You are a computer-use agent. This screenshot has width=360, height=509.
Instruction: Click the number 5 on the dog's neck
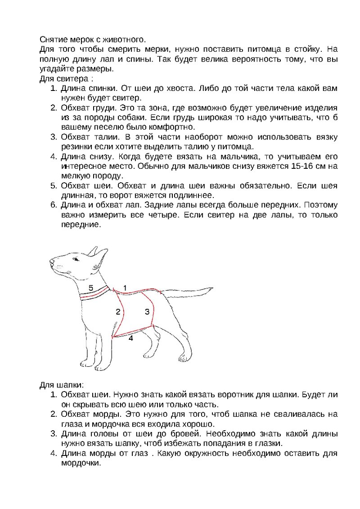(x=90, y=288)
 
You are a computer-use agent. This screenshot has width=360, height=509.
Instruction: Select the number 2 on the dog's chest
(x=118, y=311)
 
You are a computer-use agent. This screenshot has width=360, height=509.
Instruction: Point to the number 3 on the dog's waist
(x=147, y=311)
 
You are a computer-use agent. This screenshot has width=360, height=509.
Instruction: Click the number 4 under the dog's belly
(x=131, y=338)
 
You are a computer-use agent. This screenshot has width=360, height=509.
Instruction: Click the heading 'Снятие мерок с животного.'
(x=93, y=40)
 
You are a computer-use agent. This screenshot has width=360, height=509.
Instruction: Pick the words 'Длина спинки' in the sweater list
(x=86, y=89)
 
